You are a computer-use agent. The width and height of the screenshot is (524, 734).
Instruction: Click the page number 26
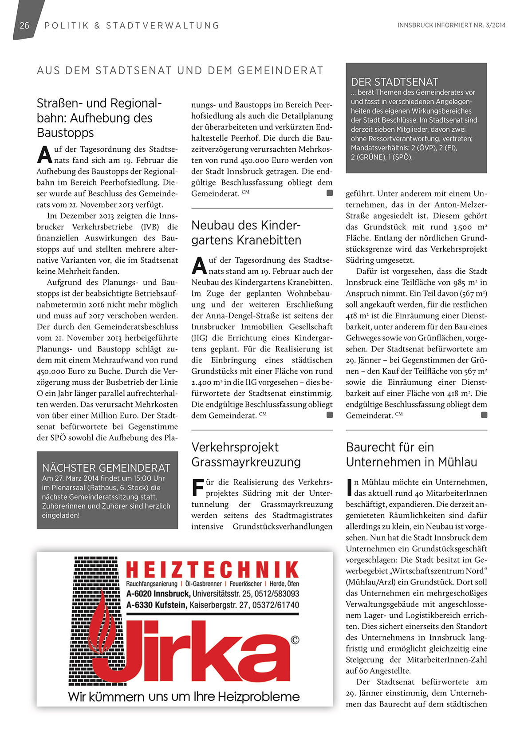point(24,26)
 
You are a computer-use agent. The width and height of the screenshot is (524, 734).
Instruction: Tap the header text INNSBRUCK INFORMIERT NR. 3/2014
point(451,25)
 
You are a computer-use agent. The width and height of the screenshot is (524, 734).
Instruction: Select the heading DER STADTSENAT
point(394,82)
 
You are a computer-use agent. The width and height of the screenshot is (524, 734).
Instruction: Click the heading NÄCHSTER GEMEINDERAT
point(106,468)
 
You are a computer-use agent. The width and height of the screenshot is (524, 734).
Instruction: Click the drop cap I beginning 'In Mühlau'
point(349,487)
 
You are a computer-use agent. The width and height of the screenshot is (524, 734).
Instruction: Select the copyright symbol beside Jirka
point(295,640)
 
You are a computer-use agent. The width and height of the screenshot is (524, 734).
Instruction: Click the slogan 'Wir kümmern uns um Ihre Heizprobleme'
point(184,696)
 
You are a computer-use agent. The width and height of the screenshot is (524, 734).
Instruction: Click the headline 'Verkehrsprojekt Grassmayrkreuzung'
point(246,454)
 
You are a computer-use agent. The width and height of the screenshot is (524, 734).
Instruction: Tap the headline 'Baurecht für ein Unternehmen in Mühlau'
point(411,454)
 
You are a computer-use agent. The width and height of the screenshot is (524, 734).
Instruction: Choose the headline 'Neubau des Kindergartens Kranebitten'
point(246,233)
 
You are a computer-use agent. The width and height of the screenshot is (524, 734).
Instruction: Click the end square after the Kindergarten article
point(330,415)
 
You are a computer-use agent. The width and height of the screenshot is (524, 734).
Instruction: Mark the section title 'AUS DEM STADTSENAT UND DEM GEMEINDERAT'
point(180,71)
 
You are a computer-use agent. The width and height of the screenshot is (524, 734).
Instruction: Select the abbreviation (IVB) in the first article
point(150,227)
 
